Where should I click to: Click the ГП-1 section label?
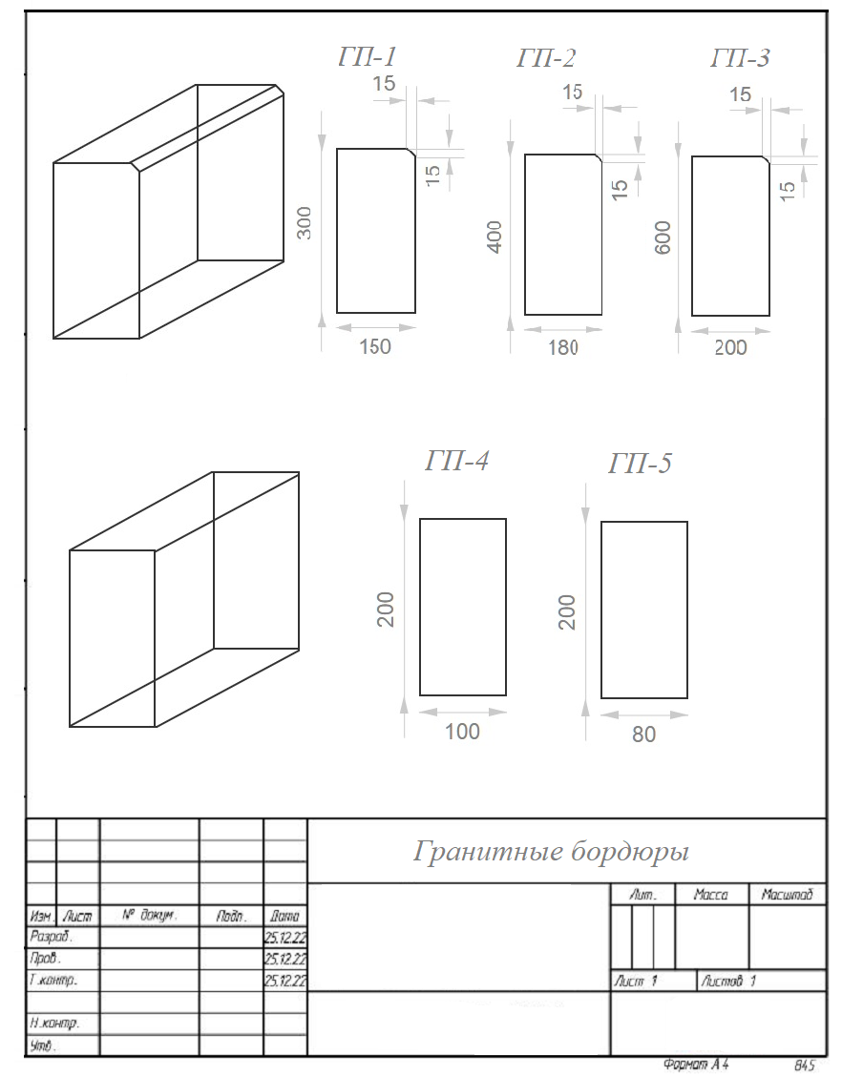(368, 56)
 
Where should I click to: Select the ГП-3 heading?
(741, 58)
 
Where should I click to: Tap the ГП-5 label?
(640, 464)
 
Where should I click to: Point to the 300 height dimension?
(305, 223)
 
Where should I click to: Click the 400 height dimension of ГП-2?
(495, 237)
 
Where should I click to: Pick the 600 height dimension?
(663, 238)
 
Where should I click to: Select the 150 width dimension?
(375, 346)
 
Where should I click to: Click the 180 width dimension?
(563, 347)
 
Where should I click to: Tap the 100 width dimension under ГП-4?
(462, 732)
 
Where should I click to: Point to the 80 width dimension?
(643, 735)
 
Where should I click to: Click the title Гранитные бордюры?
(551, 852)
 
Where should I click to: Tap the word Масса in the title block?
(711, 894)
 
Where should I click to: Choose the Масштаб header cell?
(787, 894)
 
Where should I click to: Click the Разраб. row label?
(51, 936)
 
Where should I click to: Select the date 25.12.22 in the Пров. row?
(285, 959)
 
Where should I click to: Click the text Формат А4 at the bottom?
(696, 1065)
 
